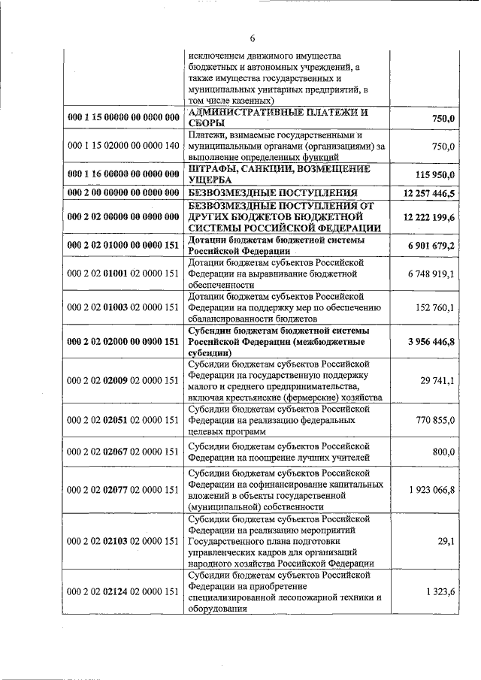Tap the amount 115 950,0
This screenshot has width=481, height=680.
pos(435,174)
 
